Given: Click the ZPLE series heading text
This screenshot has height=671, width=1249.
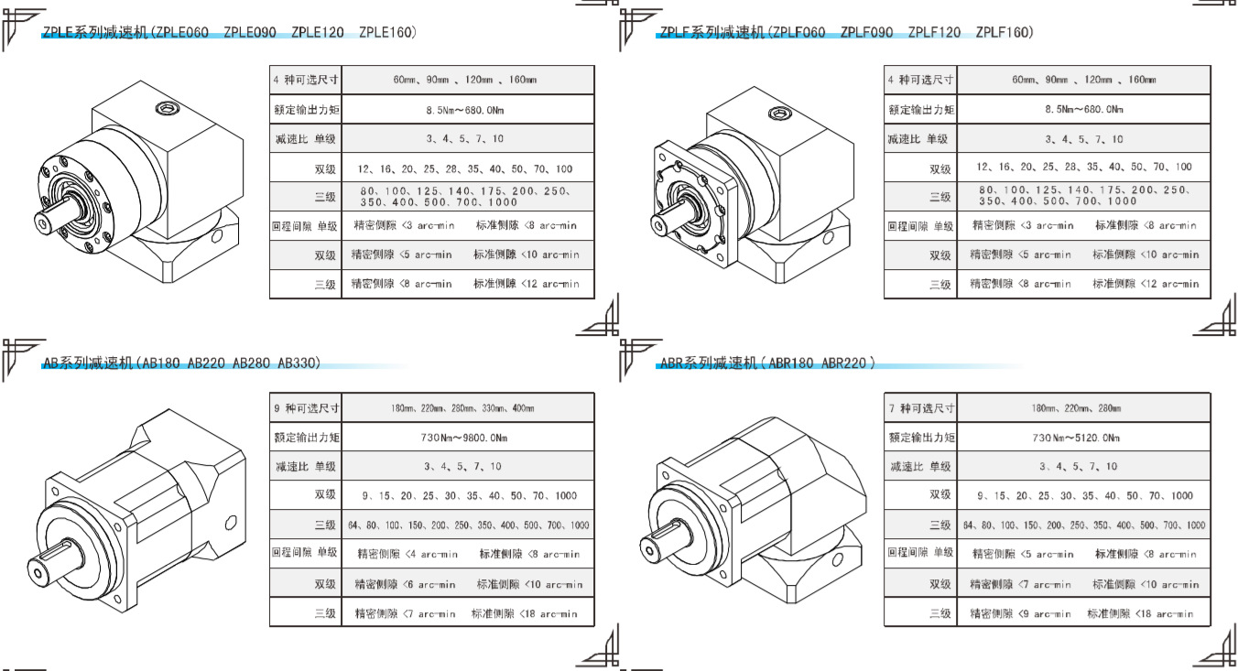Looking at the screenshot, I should [x=229, y=33].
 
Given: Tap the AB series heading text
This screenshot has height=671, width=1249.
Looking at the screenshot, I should [x=181, y=363].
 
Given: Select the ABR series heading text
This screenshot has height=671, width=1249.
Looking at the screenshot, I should [x=766, y=363].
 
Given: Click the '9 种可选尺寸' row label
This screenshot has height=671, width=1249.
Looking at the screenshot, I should [x=306, y=408].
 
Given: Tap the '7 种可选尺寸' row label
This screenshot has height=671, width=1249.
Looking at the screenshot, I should [x=921, y=408].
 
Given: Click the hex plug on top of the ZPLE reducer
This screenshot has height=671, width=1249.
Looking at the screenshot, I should [x=167, y=109].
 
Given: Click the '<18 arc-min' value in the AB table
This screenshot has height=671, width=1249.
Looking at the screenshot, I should [x=548, y=614].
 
